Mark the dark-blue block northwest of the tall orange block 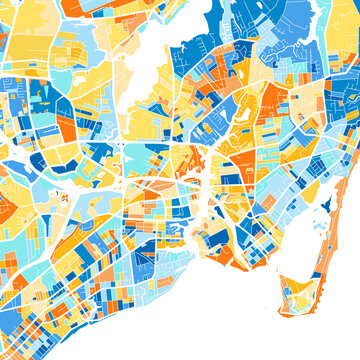(x=40, y=100)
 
